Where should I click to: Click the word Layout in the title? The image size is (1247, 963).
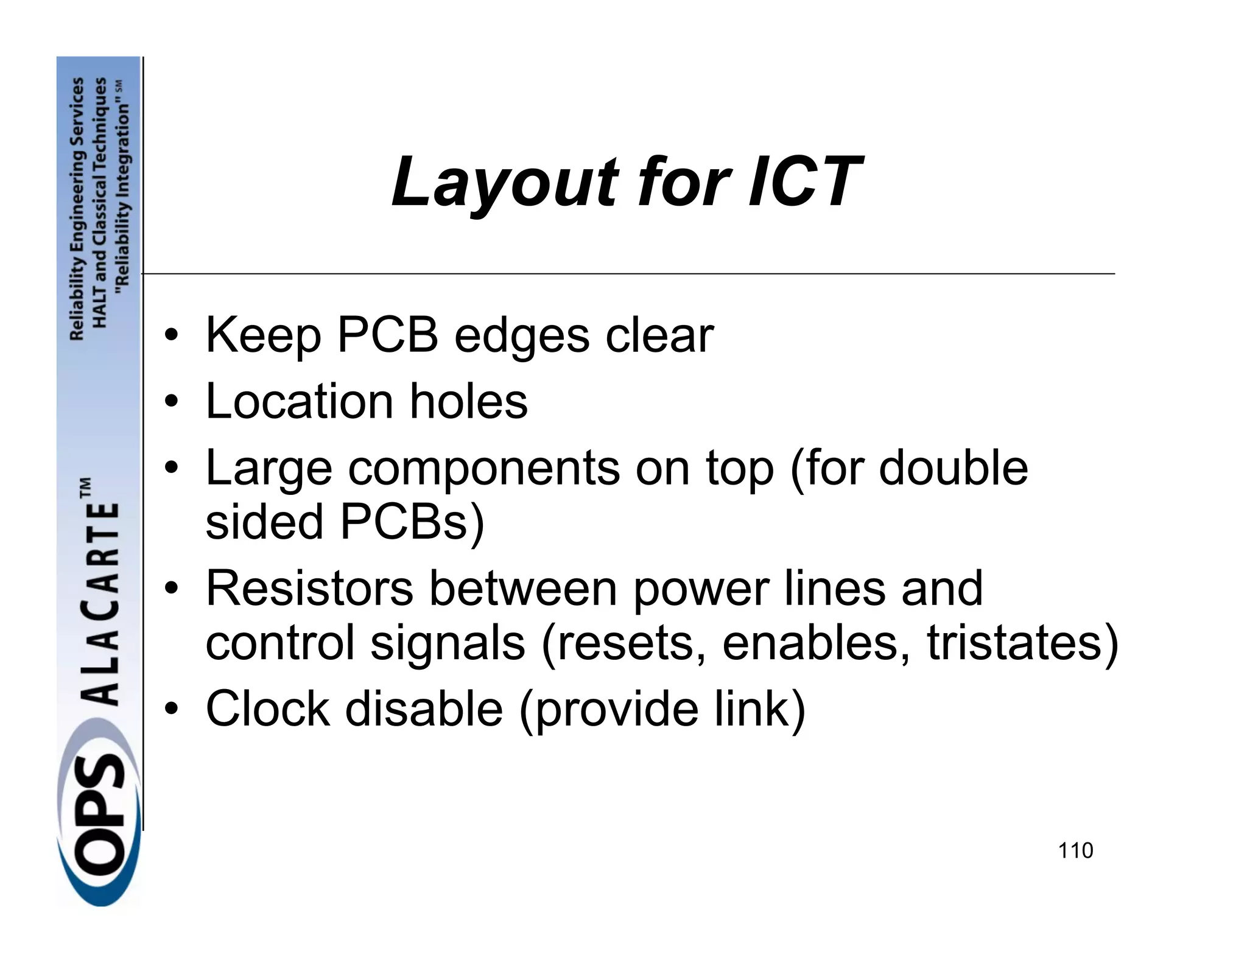click(505, 182)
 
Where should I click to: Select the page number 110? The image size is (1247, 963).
click(1075, 850)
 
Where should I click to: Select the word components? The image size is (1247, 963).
click(483, 469)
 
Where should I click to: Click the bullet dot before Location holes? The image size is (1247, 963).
click(173, 402)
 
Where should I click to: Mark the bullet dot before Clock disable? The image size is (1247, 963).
click(173, 710)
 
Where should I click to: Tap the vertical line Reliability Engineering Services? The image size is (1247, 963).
click(77, 208)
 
